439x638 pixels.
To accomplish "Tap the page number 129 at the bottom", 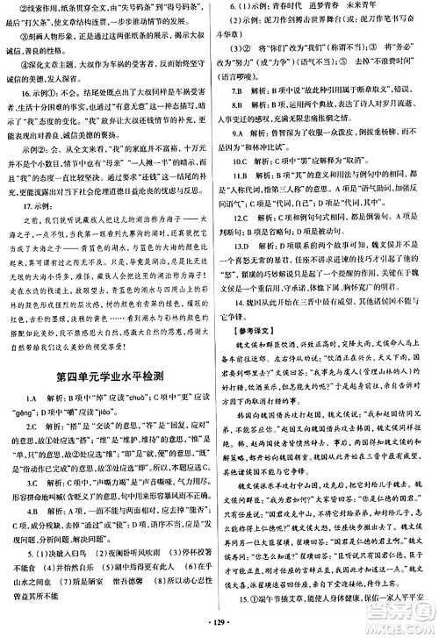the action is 219,626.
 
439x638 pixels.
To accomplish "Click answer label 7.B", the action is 238,90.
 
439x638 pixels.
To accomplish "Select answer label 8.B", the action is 238,102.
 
